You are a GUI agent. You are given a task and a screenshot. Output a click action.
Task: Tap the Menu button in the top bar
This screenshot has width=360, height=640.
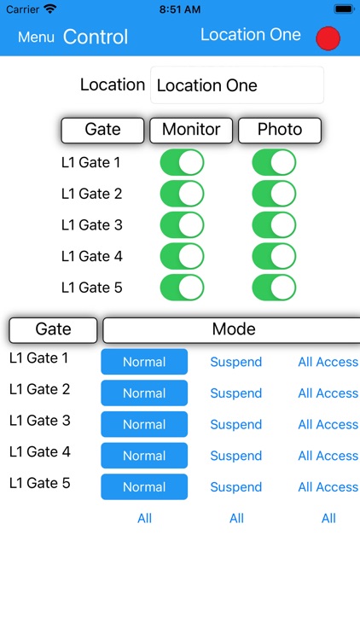(x=36, y=37)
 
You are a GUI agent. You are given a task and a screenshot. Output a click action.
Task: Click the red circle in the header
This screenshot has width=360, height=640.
(x=328, y=38)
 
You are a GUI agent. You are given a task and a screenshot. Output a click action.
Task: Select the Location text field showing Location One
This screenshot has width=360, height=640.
(x=237, y=85)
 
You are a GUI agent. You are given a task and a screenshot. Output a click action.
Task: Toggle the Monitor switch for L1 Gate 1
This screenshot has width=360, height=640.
(x=182, y=162)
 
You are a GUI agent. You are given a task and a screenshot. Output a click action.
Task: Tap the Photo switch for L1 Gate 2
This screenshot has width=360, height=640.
(x=274, y=194)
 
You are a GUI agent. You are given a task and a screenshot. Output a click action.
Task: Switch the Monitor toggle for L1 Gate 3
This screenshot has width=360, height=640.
(x=182, y=225)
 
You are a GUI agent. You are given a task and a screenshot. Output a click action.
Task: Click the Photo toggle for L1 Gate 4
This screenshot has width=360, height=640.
(x=274, y=256)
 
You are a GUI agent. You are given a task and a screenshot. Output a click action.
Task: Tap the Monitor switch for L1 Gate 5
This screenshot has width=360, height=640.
(x=182, y=288)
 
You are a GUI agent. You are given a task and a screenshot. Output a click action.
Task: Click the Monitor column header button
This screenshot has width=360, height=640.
(x=191, y=131)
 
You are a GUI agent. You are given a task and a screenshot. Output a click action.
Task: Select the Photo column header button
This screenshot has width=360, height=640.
(x=280, y=131)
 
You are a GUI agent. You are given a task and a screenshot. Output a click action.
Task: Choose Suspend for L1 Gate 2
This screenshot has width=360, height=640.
(x=236, y=393)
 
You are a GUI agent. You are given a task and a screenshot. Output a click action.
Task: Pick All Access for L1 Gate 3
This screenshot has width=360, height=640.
(x=328, y=425)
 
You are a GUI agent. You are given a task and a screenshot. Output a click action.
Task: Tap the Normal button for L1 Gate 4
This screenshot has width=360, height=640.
(x=144, y=456)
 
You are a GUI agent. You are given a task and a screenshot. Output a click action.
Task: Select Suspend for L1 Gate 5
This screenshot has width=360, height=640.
(x=236, y=487)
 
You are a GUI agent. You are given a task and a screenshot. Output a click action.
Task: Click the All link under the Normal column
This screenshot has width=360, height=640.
(x=144, y=518)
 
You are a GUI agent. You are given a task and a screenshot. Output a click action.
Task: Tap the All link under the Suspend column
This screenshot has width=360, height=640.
(x=236, y=518)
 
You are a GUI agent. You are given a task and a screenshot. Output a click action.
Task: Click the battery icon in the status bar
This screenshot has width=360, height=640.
(x=342, y=9)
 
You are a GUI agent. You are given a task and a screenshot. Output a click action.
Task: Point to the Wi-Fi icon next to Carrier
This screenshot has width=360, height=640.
(x=50, y=9)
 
